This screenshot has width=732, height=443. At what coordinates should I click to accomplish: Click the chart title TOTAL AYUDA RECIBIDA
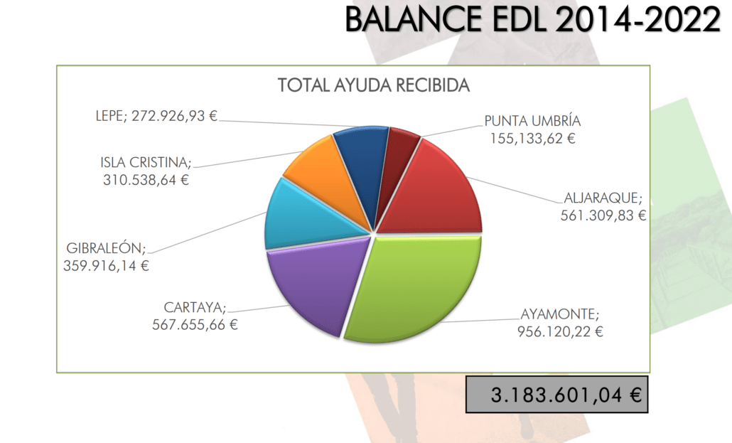tap(374, 86)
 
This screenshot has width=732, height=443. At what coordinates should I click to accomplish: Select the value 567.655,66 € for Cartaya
tap(195, 325)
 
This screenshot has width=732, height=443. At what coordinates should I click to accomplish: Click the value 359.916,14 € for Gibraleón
tap(107, 266)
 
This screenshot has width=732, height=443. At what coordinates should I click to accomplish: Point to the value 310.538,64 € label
tap(146, 179)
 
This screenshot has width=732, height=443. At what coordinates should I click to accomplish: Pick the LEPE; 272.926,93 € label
tap(156, 116)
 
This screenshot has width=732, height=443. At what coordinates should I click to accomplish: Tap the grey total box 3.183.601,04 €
tap(557, 395)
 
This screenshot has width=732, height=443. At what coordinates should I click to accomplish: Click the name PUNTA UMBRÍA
tap(532, 120)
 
